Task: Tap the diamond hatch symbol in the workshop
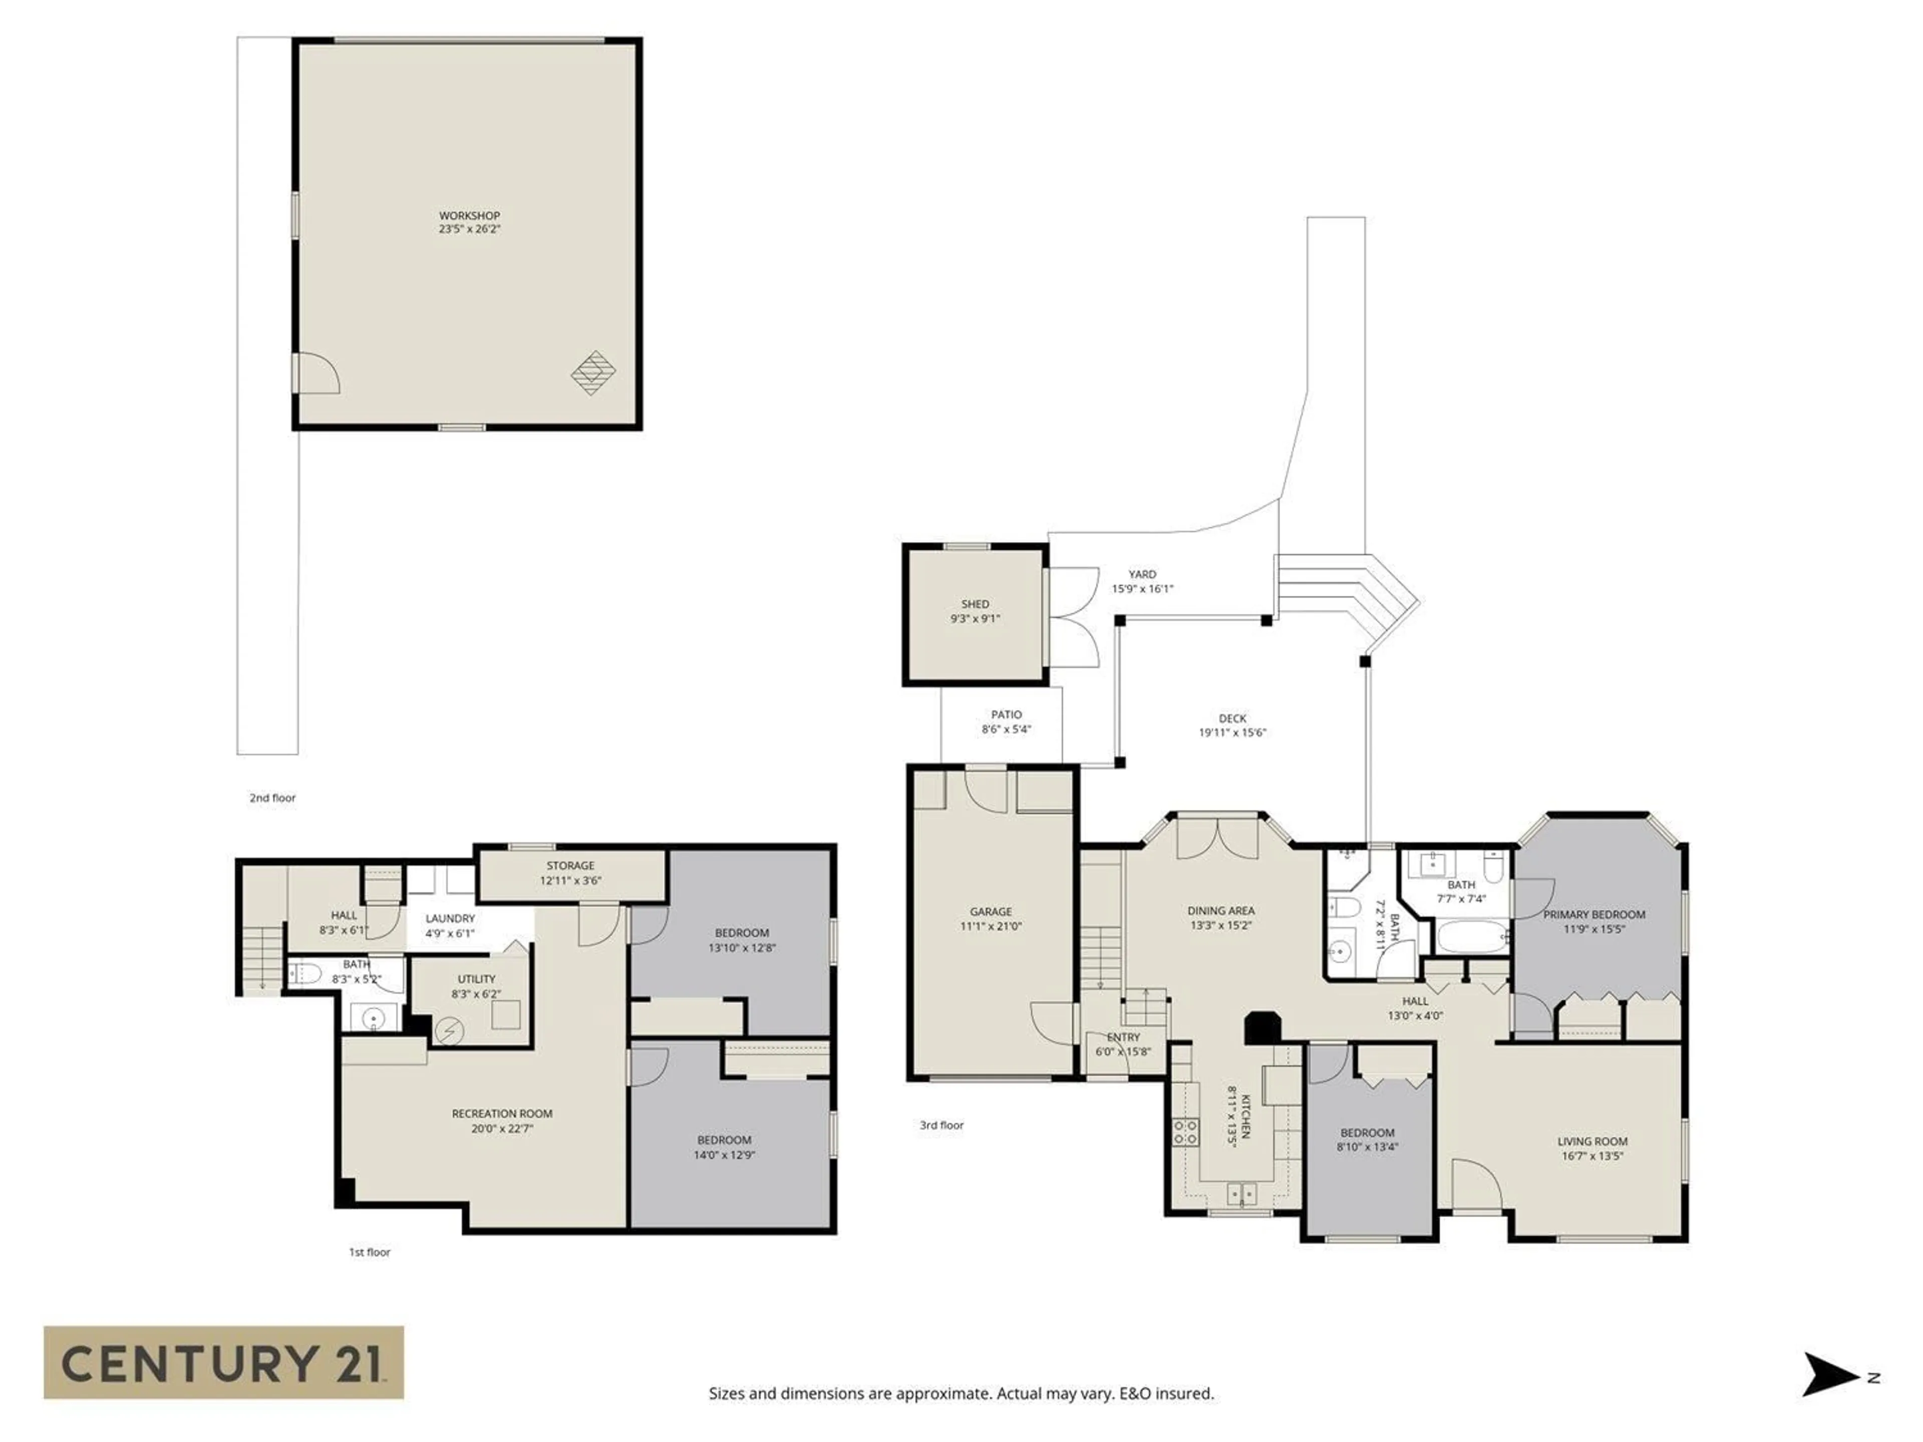coord(593,373)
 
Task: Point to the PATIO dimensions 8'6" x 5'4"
coord(1006,729)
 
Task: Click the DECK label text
coord(1232,718)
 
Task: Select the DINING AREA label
coord(1220,911)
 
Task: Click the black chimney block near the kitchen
coord(1261,1027)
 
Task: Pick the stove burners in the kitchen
coord(1184,1131)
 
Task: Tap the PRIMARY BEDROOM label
coord(1593,914)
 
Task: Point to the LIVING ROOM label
coord(1592,1141)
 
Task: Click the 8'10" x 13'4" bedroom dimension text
coord(1368,1147)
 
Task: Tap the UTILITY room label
coord(476,979)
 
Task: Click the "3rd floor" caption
coord(941,1125)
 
